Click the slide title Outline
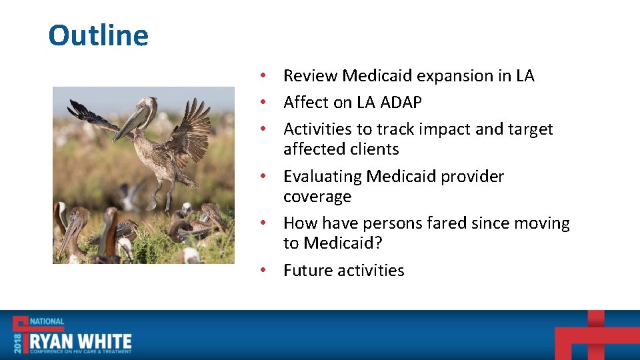99,35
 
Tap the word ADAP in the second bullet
401,102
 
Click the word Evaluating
323,177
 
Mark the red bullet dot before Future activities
263,270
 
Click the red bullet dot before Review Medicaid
263,75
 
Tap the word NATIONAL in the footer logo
47,321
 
